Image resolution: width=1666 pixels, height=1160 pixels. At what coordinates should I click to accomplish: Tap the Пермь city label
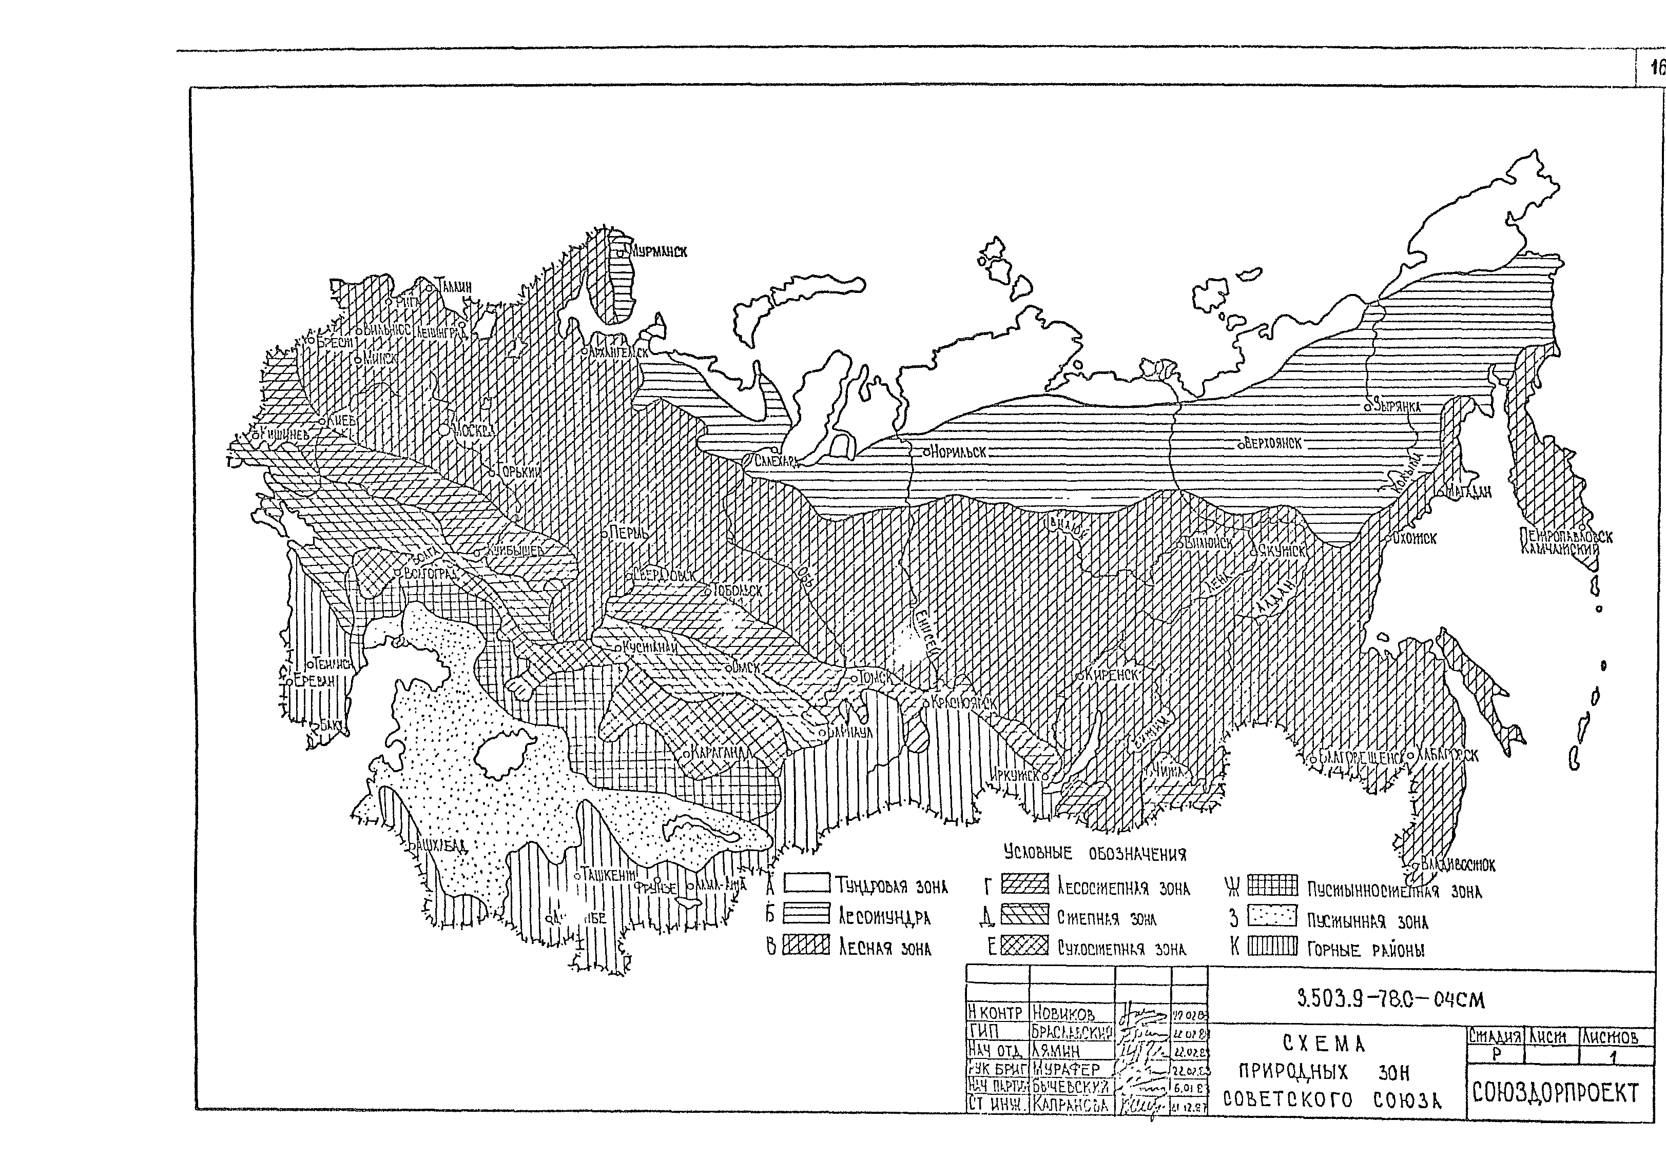(x=628, y=533)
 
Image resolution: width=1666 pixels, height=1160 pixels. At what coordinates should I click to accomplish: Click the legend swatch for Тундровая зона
(x=806, y=883)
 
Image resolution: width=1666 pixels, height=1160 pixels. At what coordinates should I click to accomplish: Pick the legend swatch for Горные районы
(x=1271, y=946)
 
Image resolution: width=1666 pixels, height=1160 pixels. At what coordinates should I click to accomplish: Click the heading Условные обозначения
(x=1094, y=854)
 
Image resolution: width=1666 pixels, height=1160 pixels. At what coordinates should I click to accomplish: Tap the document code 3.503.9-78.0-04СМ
(x=1390, y=1000)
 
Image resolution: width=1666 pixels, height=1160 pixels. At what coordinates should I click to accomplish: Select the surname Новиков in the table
(x=1062, y=1013)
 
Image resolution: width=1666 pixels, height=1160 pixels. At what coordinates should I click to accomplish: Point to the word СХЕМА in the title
(x=1324, y=1044)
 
